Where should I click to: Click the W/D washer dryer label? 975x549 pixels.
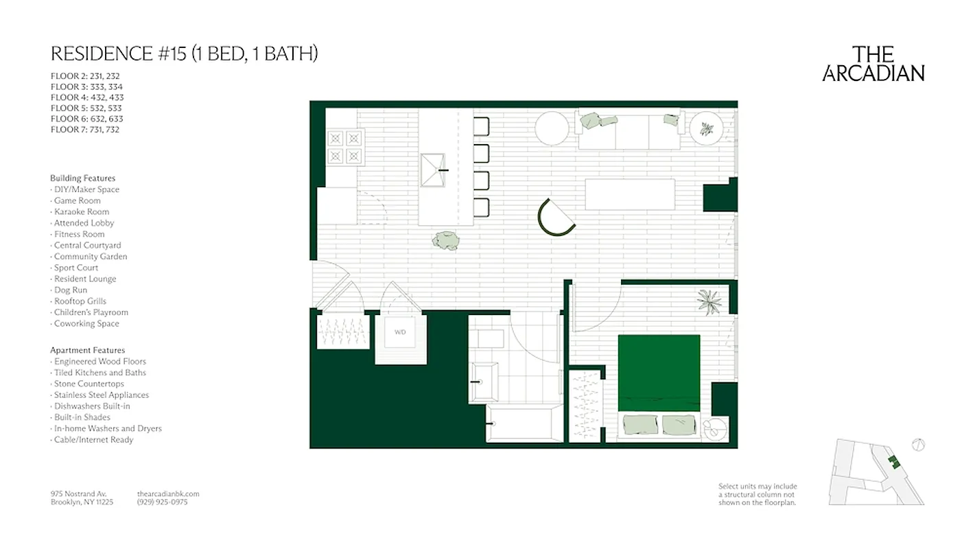click(400, 333)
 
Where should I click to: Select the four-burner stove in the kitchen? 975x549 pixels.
click(344, 147)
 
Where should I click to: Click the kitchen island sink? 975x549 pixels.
click(434, 170)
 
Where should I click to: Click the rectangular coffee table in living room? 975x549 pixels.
click(630, 194)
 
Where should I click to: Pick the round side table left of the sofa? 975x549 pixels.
click(552, 128)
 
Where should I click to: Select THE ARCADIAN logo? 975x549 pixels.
click(873, 64)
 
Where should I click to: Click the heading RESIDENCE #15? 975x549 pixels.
click(184, 54)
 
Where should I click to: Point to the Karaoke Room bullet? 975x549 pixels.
click(81, 211)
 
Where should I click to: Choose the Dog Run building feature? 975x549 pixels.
click(71, 290)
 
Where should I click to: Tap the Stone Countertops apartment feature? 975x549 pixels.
click(89, 384)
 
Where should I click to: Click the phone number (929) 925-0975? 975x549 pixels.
click(162, 502)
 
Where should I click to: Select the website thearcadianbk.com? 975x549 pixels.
click(168, 493)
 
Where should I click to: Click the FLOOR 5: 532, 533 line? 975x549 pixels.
click(86, 108)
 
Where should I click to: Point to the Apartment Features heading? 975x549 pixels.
click(87, 350)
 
